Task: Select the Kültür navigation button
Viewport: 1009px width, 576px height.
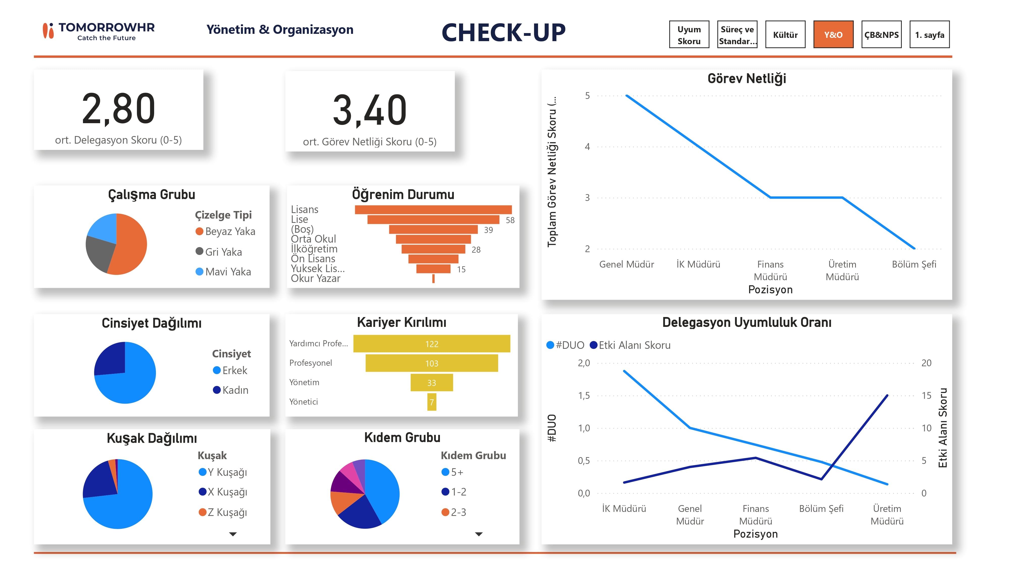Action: (785, 34)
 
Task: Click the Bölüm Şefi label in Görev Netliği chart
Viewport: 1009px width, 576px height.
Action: (913, 264)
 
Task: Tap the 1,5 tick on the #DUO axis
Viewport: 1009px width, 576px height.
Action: (583, 396)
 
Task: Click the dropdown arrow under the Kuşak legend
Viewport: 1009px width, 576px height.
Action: (233, 534)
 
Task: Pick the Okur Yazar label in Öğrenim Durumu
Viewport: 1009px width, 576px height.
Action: (315, 278)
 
